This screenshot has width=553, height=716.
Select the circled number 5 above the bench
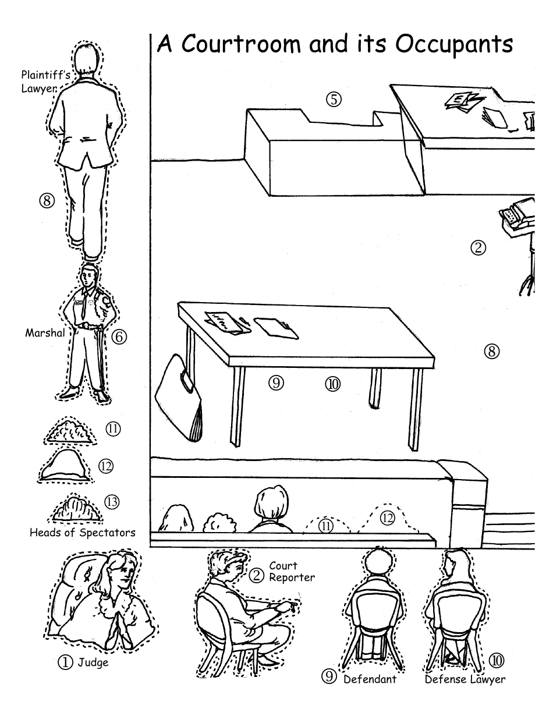pyautogui.click(x=333, y=99)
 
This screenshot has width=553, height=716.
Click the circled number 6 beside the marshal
pyautogui.click(x=119, y=336)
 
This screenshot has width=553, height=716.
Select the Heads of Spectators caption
pyautogui.click(x=82, y=532)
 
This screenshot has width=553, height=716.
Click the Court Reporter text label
pyautogui.click(x=291, y=572)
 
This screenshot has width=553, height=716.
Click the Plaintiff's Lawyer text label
pyautogui.click(x=40, y=81)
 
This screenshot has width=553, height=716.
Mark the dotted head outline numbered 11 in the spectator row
pyautogui.click(x=326, y=524)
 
